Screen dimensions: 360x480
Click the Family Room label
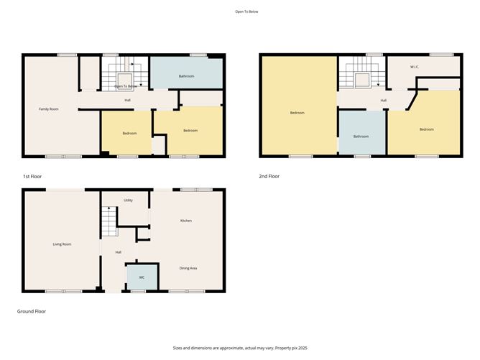(x=48, y=109)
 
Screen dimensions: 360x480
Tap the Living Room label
(x=62, y=244)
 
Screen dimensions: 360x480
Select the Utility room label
(x=128, y=200)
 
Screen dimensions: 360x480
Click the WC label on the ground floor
(x=142, y=277)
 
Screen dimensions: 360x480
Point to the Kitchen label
(x=185, y=221)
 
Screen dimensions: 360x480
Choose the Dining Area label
(x=188, y=268)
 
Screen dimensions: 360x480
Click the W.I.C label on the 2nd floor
(x=415, y=68)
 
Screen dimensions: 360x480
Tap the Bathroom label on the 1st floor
(x=187, y=76)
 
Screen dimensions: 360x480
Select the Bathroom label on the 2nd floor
(x=361, y=137)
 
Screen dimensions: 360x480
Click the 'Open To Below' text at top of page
(x=245, y=12)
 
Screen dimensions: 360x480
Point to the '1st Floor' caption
(x=32, y=176)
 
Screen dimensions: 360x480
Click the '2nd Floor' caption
(x=269, y=176)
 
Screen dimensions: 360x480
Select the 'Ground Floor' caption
(x=32, y=312)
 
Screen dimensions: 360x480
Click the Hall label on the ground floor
(x=117, y=251)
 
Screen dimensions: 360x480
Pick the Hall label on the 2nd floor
(x=383, y=100)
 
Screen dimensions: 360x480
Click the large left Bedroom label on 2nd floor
(x=297, y=113)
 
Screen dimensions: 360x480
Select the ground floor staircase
(x=108, y=222)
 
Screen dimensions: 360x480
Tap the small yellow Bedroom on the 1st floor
(x=129, y=134)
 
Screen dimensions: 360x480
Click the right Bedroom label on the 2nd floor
(x=427, y=129)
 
